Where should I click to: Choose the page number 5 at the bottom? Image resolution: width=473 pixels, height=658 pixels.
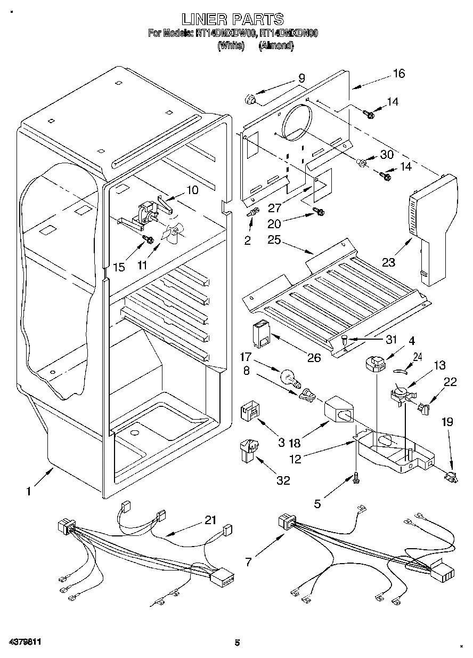[238, 643]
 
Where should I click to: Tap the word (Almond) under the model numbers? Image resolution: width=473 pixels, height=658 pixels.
[276, 46]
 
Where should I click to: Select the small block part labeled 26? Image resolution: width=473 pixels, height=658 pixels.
[261, 334]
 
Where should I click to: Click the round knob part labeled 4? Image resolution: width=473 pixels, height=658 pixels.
[374, 365]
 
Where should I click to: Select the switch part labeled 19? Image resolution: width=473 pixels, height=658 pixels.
[451, 476]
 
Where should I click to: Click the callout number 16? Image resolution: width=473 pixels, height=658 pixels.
[399, 74]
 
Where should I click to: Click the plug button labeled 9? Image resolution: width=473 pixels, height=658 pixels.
[249, 100]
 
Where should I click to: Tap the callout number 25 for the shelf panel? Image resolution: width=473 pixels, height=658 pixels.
[274, 240]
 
